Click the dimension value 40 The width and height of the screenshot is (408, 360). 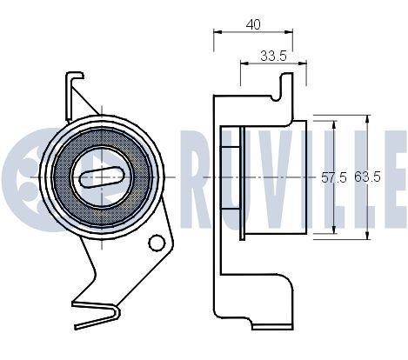tap(253, 24)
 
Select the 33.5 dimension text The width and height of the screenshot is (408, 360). tap(273, 57)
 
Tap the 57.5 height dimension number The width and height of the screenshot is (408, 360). tap(334, 177)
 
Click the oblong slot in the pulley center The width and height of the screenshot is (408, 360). tap(104, 177)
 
